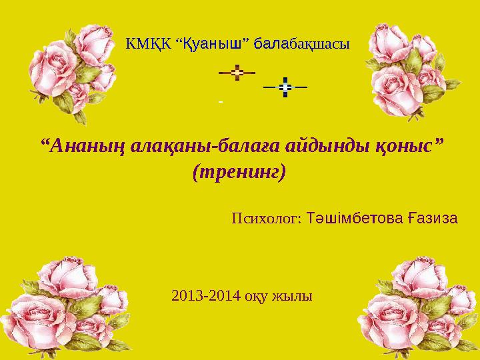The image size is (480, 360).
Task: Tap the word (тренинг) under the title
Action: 239,172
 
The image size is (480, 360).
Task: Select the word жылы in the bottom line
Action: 291,295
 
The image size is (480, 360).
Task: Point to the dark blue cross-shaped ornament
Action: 285,87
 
